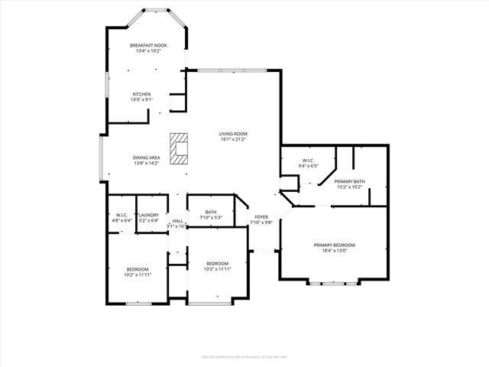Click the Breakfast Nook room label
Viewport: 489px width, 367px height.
tap(148, 46)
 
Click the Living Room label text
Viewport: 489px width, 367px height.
tap(233, 134)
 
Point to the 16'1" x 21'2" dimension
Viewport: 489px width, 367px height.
tap(233, 140)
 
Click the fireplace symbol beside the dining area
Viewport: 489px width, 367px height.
tap(179, 148)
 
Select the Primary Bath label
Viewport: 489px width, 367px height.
tap(349, 181)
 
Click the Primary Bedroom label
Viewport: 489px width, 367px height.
tap(334, 245)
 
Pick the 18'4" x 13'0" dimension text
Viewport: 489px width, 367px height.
tap(334, 251)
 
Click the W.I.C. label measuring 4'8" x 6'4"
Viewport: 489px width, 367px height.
tap(121, 215)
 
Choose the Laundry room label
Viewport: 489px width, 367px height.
tap(149, 215)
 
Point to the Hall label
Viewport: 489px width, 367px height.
tap(177, 221)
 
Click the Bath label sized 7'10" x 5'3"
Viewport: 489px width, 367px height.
tap(211, 213)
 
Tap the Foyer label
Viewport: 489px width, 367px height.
tap(261, 217)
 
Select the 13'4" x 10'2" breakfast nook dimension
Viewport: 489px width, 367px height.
tap(148, 51)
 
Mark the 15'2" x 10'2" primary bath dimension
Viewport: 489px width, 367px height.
tap(349, 187)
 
